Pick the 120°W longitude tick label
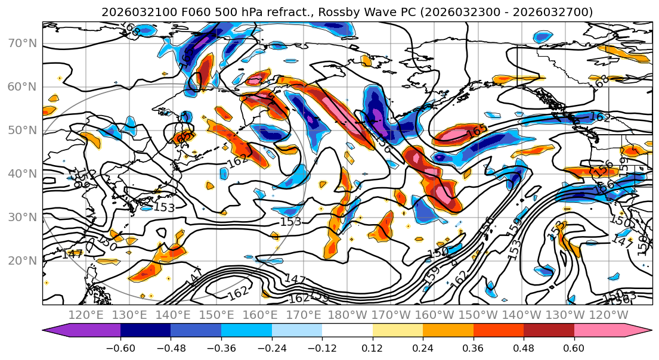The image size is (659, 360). [x=608, y=314]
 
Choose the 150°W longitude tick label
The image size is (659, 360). [x=478, y=314]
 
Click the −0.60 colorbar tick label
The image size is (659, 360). [x=120, y=347]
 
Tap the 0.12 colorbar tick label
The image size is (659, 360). [x=373, y=347]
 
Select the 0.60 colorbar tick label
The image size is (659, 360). [x=574, y=347]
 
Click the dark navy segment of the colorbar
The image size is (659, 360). [x=146, y=331]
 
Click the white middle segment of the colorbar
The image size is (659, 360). [x=347, y=331]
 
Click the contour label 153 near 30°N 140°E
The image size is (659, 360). [x=164, y=207]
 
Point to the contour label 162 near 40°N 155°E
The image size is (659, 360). [x=237, y=160]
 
